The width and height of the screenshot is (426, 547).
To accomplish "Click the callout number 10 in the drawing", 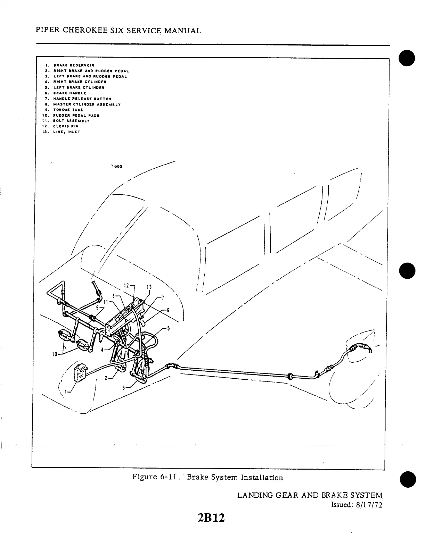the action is click(54, 354).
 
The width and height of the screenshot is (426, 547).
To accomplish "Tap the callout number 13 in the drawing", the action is click(149, 287).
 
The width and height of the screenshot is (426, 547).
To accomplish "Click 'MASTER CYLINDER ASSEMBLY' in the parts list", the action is click(87, 104).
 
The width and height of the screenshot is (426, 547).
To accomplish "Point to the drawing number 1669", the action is click(116, 166).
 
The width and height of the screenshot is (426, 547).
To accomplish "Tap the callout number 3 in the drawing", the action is click(123, 387).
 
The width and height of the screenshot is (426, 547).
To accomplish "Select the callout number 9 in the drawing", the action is click(98, 307).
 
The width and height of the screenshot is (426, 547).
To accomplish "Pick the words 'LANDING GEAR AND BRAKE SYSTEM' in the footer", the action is click(310, 495).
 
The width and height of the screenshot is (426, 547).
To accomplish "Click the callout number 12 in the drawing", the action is click(126, 286).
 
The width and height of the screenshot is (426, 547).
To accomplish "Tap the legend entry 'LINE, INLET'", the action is click(66, 132).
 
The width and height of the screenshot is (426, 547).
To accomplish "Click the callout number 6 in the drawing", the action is click(168, 310).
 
